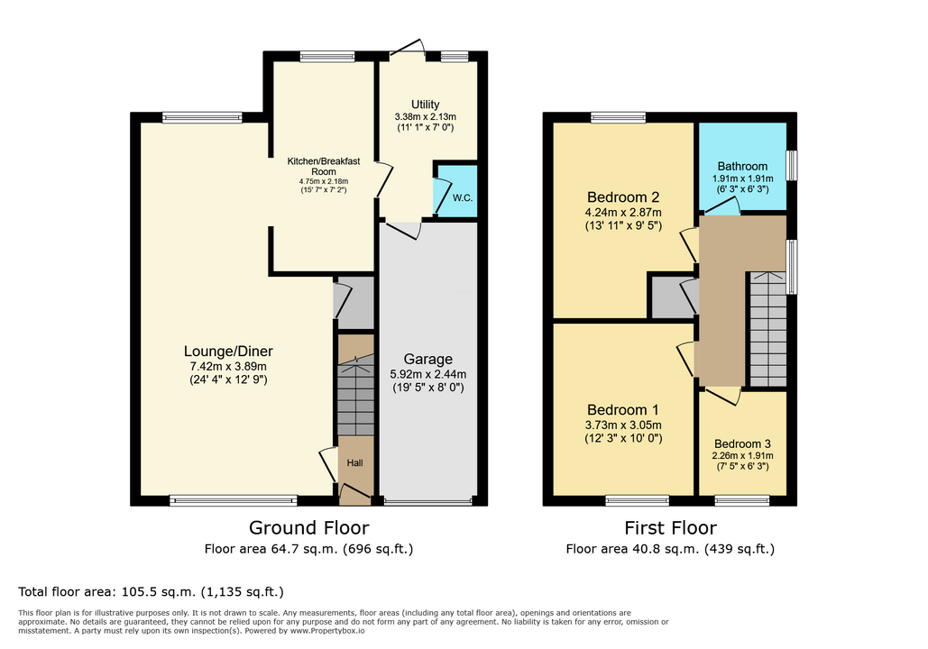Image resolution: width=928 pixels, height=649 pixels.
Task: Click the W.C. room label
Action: pyautogui.click(x=463, y=197)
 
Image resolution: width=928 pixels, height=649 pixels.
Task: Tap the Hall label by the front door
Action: pyautogui.click(x=355, y=462)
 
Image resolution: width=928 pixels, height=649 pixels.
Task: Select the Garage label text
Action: pyautogui.click(x=427, y=359)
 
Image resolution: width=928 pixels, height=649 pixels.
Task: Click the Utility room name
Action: pyautogui.click(x=426, y=105)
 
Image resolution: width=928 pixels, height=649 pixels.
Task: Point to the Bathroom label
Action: pyautogui.click(x=743, y=166)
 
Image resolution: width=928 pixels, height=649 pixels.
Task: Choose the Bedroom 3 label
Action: pyautogui.click(x=743, y=443)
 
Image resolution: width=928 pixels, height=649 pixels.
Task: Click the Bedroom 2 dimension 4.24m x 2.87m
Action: pyautogui.click(x=623, y=213)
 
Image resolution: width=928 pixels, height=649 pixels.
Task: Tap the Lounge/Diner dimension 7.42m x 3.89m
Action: pyautogui.click(x=228, y=366)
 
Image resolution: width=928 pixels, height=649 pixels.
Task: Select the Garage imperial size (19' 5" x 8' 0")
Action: pyautogui.click(x=427, y=388)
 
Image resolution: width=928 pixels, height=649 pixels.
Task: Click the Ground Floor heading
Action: pyautogui.click(x=309, y=527)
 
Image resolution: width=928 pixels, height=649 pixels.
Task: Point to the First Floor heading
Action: pyautogui.click(x=671, y=527)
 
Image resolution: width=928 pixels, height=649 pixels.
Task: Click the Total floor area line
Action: pyautogui.click(x=151, y=591)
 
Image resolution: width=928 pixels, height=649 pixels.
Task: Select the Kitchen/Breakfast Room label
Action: pyautogui.click(x=324, y=166)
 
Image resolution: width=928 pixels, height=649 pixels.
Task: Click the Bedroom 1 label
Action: pyautogui.click(x=623, y=409)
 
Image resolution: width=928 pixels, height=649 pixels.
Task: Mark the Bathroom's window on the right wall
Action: pyautogui.click(x=792, y=166)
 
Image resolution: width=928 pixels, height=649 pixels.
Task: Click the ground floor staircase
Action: pyautogui.click(x=355, y=395)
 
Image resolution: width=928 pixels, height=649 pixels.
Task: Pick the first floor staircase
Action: pyautogui.click(x=768, y=329)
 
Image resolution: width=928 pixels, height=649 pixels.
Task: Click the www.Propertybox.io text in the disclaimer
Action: pyautogui.click(x=326, y=631)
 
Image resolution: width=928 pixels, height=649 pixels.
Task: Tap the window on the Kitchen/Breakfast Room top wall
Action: pyautogui.click(x=327, y=57)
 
